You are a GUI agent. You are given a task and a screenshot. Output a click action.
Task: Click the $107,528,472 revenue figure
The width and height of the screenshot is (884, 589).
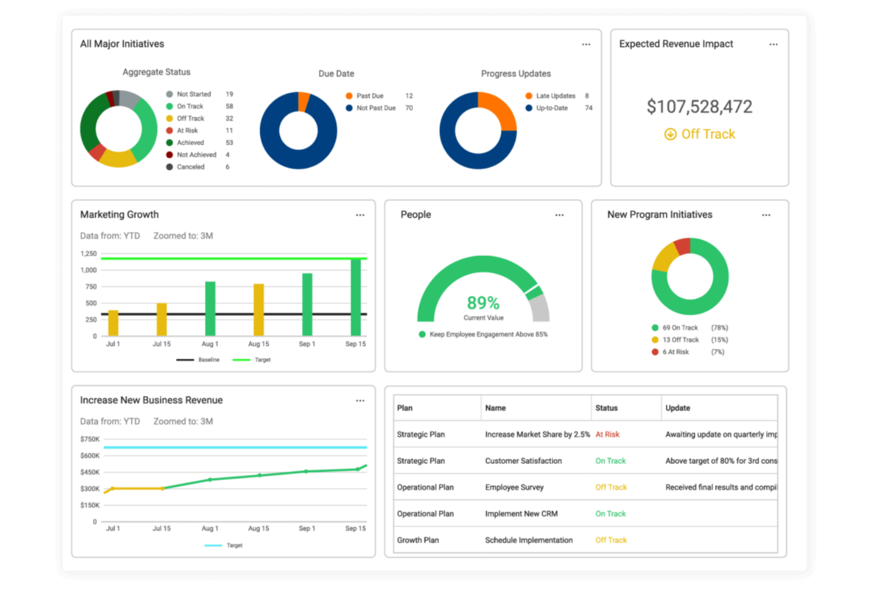pyautogui.click(x=699, y=106)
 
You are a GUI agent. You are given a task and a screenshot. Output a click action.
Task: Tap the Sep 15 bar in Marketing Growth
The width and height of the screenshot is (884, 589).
pyautogui.click(x=355, y=297)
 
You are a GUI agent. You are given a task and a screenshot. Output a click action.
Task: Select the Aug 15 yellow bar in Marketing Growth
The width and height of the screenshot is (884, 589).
pyautogui.click(x=259, y=310)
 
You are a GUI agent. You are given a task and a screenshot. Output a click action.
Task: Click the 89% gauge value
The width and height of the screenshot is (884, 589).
pyautogui.click(x=483, y=303)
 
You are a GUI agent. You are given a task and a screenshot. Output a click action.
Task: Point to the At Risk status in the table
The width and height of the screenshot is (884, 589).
pyautogui.click(x=607, y=434)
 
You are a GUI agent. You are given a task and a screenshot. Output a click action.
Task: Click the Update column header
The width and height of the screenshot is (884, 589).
pyautogui.click(x=677, y=408)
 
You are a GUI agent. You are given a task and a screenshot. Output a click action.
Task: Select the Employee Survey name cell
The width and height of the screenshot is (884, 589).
pyautogui.click(x=514, y=488)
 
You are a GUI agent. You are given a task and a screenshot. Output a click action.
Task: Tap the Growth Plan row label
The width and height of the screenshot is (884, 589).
pyautogui.click(x=418, y=539)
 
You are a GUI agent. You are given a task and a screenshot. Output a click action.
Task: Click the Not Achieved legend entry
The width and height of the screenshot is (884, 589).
pyautogui.click(x=191, y=155)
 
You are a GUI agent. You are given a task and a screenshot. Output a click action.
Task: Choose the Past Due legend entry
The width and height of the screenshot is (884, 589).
pyautogui.click(x=364, y=96)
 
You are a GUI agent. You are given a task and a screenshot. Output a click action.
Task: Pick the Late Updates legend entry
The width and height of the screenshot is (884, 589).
pyautogui.click(x=551, y=96)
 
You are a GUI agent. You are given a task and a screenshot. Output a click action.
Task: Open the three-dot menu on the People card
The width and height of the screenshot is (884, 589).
pyautogui.click(x=559, y=215)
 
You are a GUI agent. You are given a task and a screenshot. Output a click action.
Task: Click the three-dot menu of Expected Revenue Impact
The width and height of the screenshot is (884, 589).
pyautogui.click(x=773, y=44)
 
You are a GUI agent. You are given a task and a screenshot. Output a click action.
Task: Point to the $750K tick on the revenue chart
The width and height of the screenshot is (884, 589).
pyautogui.click(x=90, y=439)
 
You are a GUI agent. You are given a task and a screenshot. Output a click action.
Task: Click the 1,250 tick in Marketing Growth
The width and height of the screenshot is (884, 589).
pyautogui.click(x=88, y=254)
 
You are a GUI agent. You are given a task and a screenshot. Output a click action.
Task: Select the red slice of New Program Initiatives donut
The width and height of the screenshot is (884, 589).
pyautogui.click(x=683, y=246)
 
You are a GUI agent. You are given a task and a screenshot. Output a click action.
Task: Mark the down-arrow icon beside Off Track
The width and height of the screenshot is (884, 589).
pyautogui.click(x=670, y=134)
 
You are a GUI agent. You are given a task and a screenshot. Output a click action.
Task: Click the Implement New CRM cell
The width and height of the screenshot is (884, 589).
pyautogui.click(x=521, y=514)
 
